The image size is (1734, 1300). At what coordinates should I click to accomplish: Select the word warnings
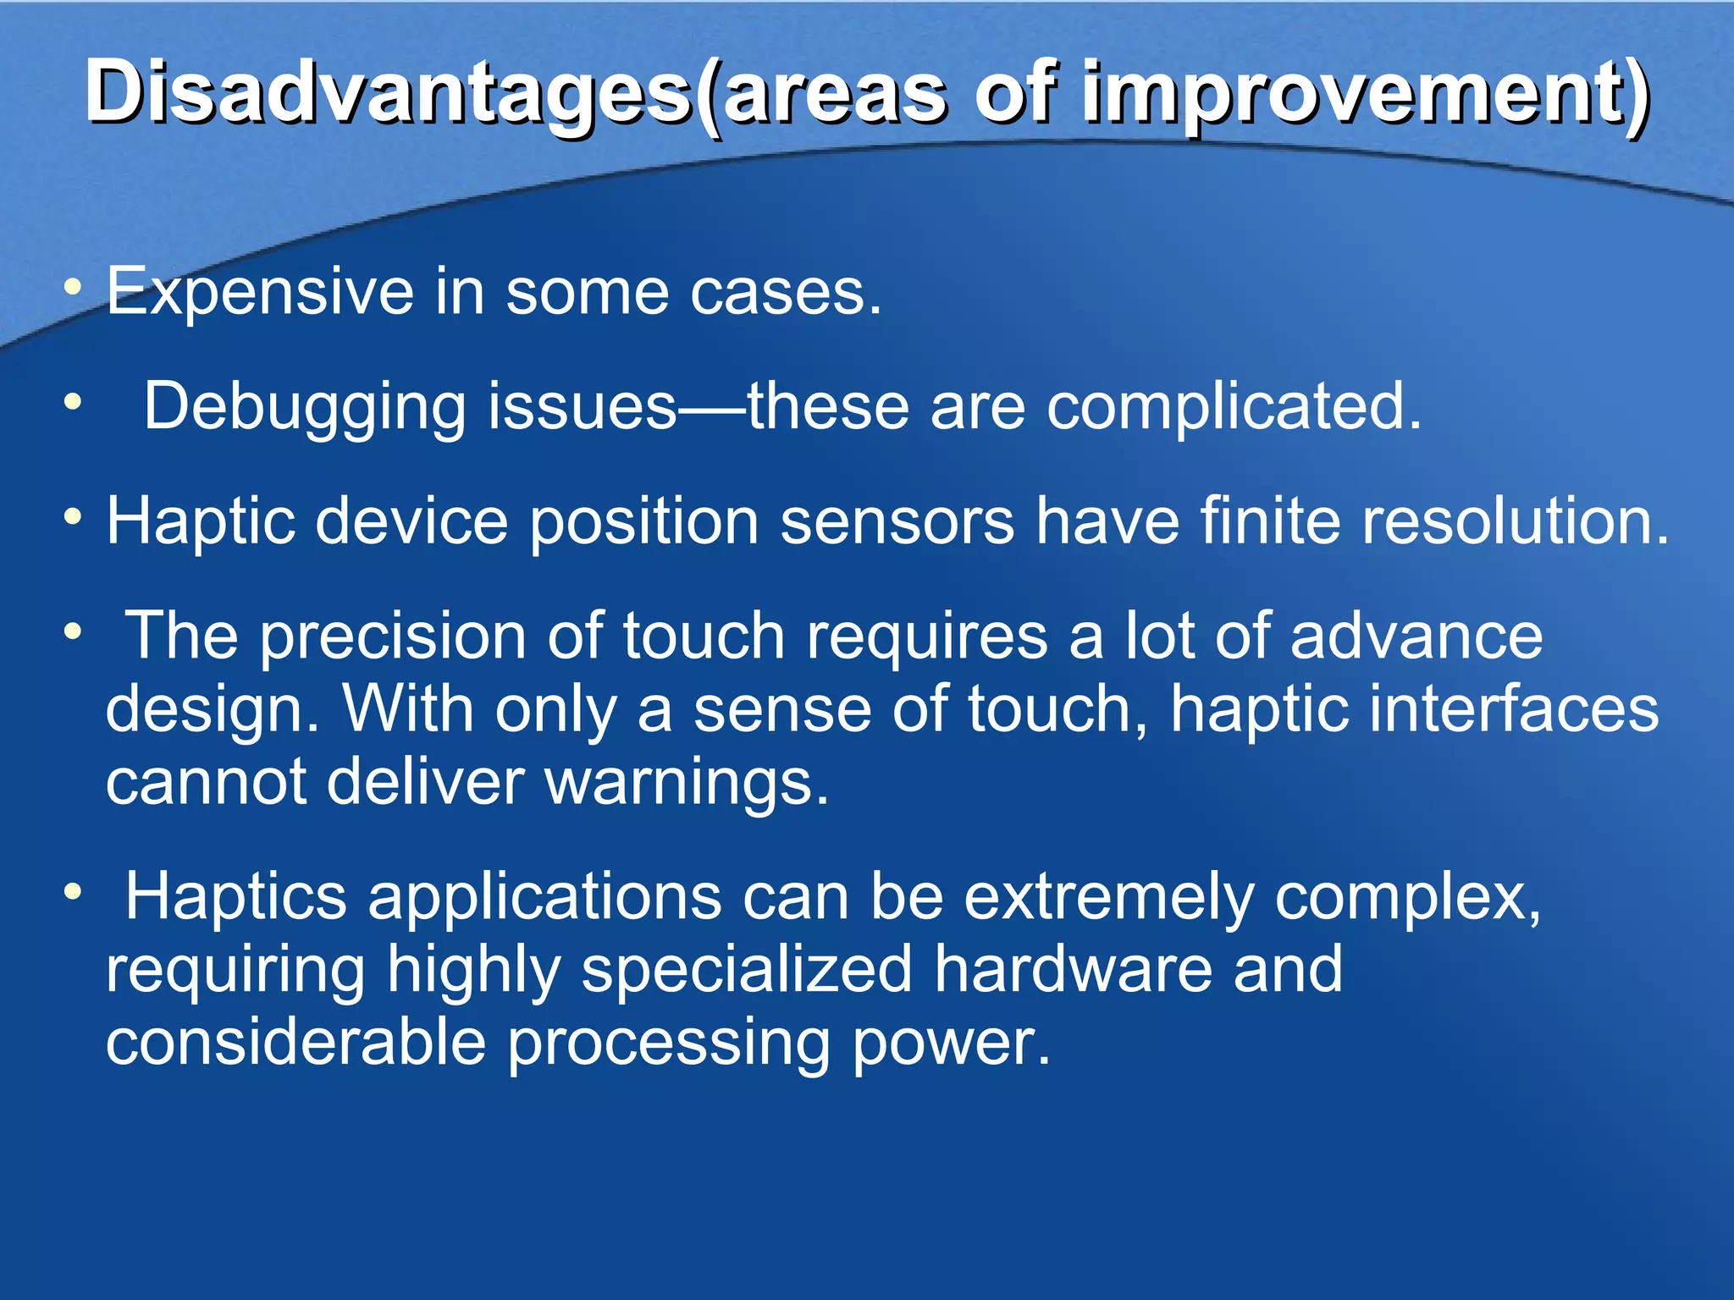[x=686, y=783]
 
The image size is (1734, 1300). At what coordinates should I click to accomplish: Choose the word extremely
[x=1109, y=898]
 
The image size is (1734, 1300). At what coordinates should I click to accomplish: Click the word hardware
[x=1072, y=970]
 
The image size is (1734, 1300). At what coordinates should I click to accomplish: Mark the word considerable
[x=295, y=1043]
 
